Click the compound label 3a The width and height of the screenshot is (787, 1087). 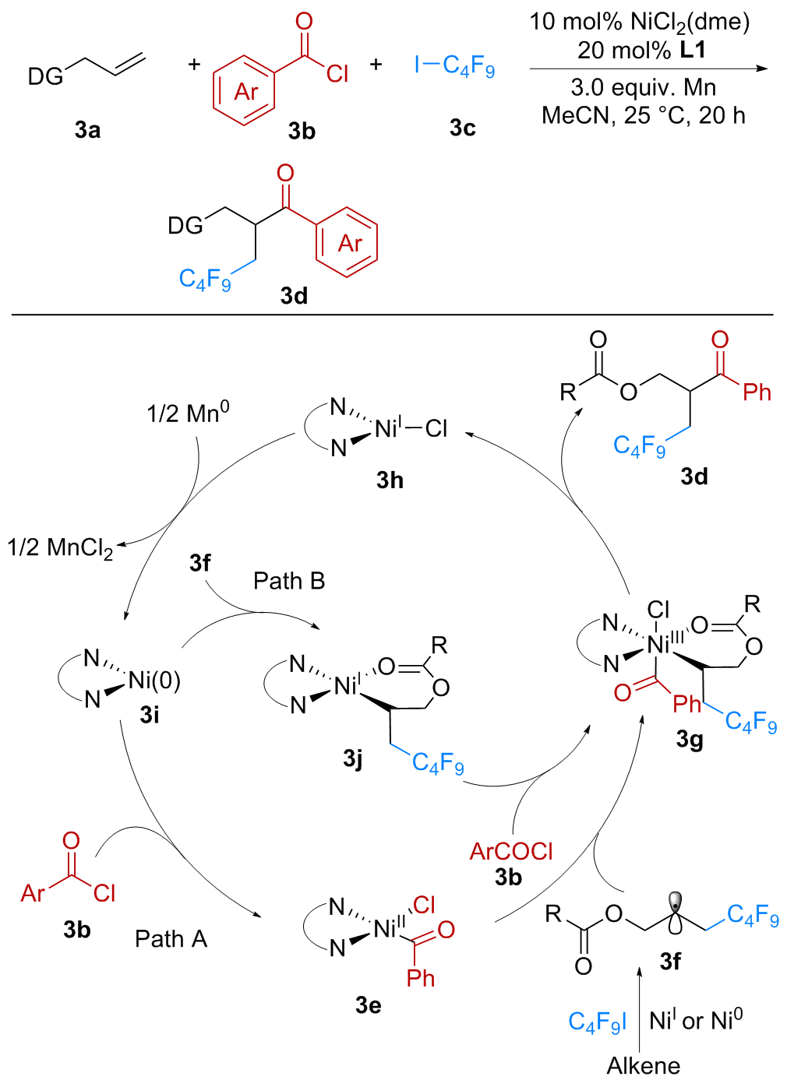(88, 130)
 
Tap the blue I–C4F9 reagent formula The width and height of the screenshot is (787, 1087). (454, 65)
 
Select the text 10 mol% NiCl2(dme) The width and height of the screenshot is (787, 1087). (640, 23)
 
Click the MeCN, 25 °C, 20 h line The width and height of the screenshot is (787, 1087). (644, 116)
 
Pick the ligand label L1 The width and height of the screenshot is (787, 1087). (692, 51)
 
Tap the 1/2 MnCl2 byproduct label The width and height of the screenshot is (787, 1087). (60, 548)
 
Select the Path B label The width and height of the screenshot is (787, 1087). (288, 581)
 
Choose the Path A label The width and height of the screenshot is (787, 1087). (171, 939)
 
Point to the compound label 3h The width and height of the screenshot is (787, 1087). (390, 480)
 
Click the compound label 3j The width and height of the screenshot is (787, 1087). (353, 758)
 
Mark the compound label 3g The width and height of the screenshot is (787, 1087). (690, 739)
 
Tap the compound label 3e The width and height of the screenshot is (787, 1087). (369, 1005)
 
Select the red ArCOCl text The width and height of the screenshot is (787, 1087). (511, 852)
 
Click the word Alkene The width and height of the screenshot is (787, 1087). (644, 1066)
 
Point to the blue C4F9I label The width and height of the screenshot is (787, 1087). (597, 1022)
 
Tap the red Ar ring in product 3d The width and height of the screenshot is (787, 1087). (348, 243)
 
